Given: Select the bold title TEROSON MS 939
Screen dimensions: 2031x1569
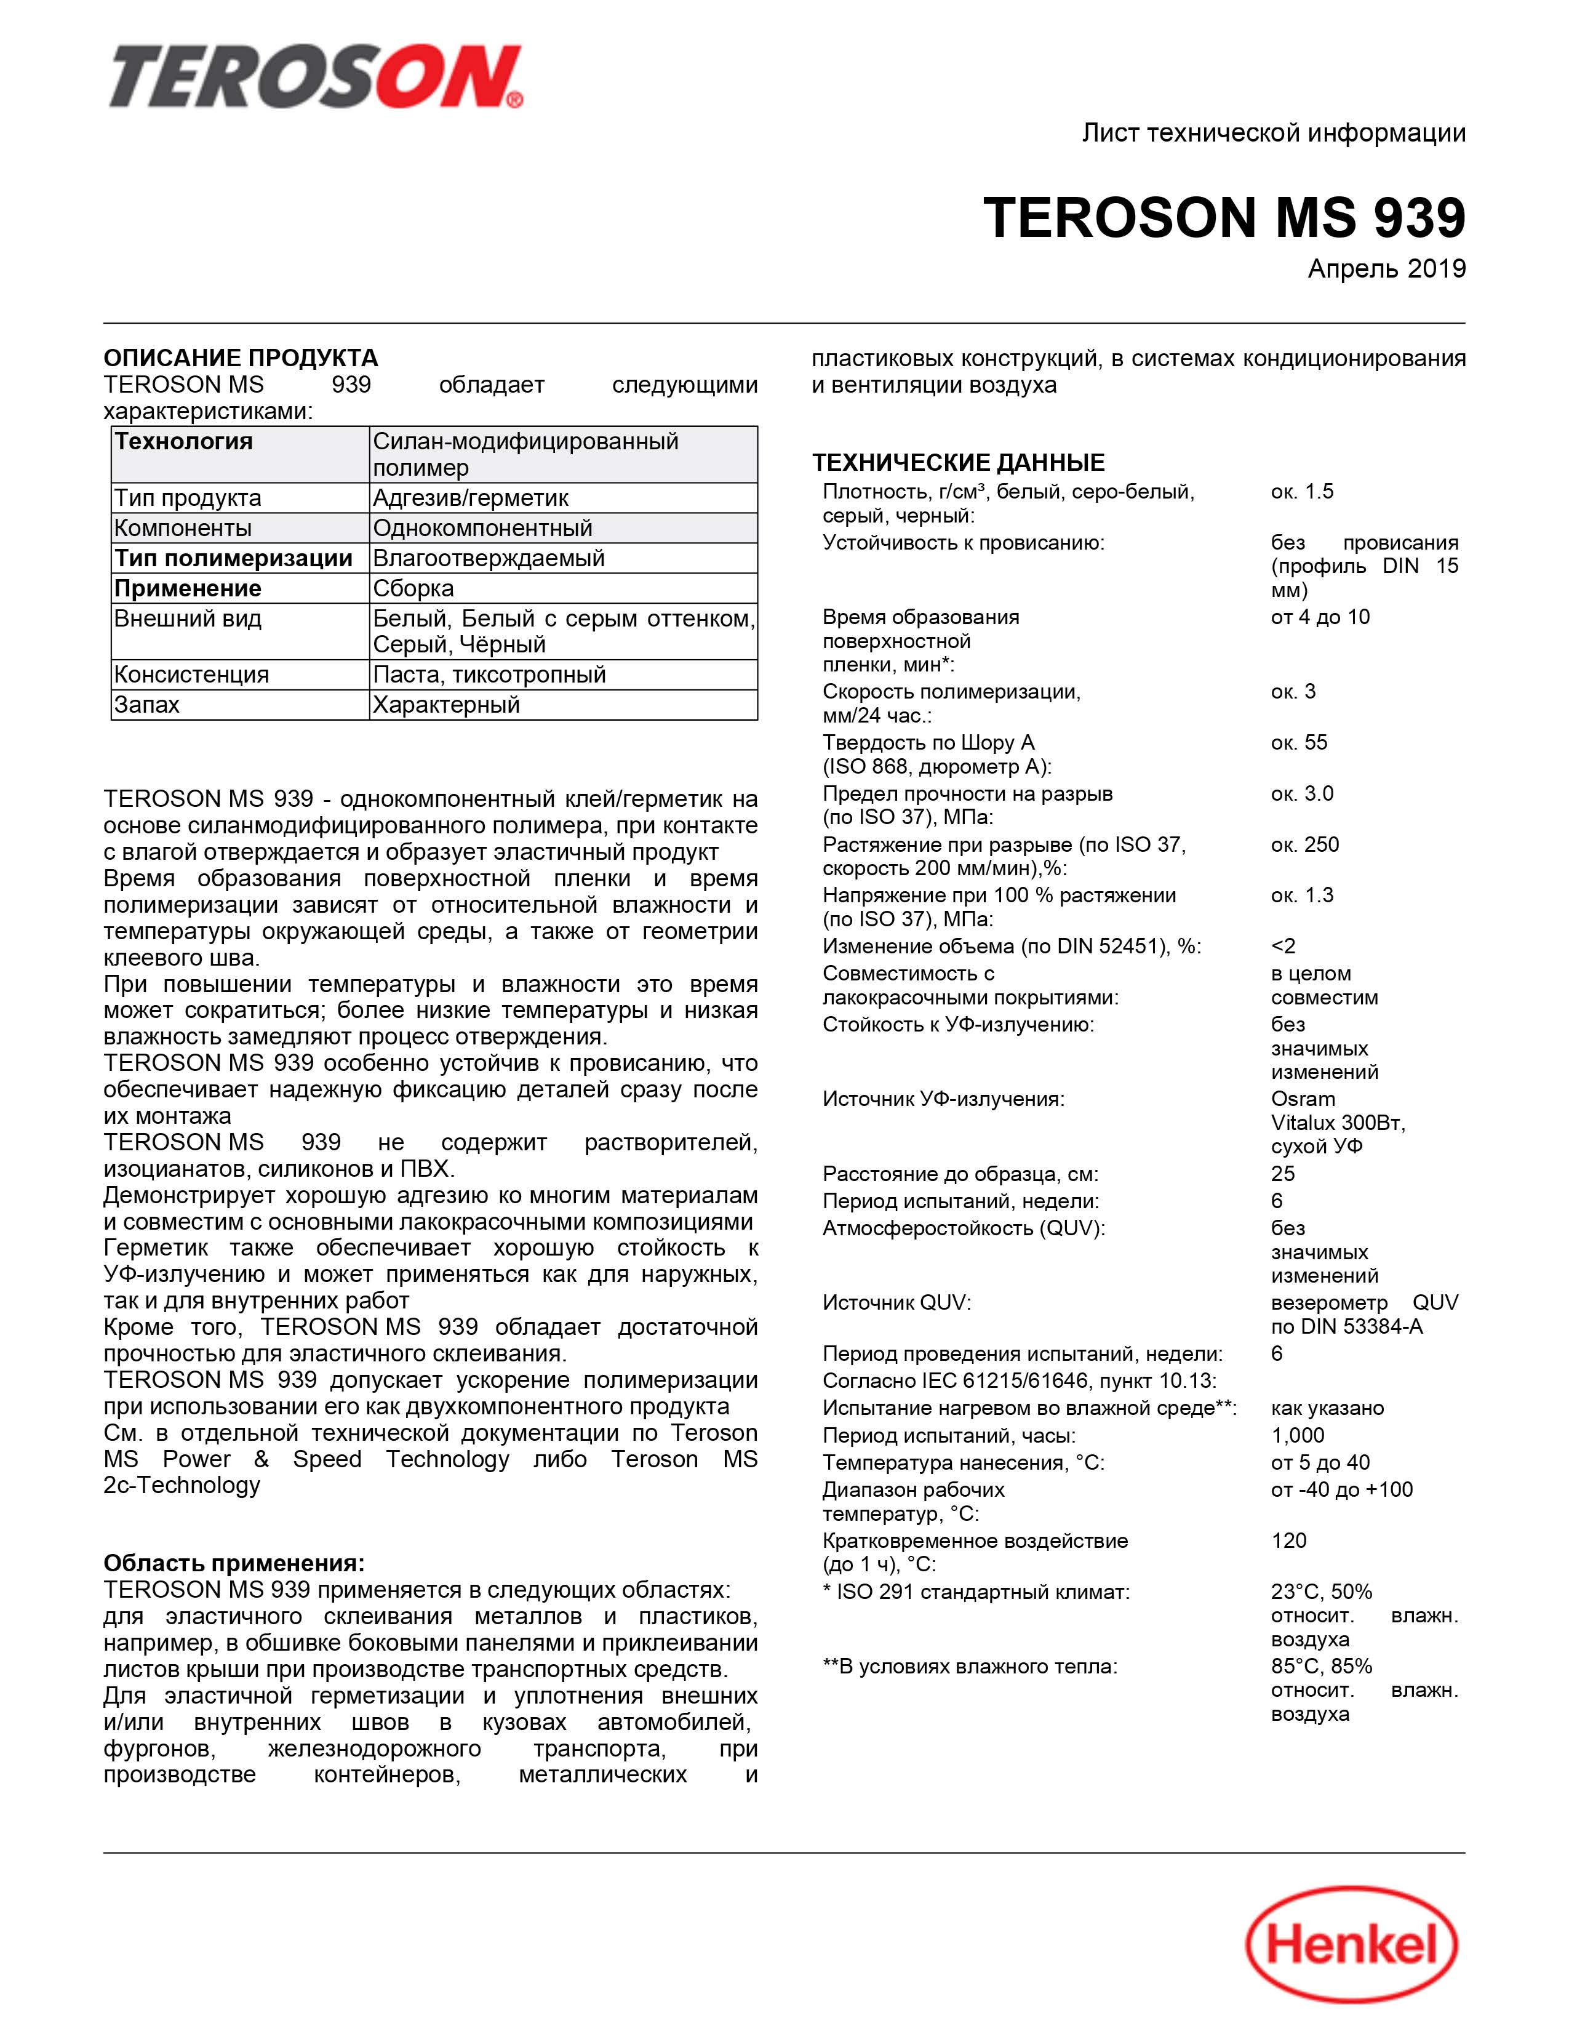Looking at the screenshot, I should [1224, 218].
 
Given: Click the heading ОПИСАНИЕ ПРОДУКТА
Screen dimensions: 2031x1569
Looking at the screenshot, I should [241, 358].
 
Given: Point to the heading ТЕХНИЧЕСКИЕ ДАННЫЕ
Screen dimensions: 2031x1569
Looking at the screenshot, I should [958, 462].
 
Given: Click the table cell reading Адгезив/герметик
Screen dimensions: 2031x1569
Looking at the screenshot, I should [470, 499].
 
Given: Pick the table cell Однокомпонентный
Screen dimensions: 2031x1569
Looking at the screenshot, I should [482, 528].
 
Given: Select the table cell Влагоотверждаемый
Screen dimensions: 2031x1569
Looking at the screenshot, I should [488, 558].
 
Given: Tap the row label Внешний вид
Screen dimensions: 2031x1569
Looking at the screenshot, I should [188, 619].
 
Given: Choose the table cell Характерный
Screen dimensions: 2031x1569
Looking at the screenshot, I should [446, 705].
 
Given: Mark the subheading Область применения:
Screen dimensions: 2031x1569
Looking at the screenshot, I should [234, 1563].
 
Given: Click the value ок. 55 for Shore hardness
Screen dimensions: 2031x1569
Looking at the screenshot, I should [1300, 742].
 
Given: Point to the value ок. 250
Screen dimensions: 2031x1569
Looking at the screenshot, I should [1305, 844].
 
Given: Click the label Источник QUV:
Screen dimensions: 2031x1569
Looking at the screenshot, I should [896, 1302].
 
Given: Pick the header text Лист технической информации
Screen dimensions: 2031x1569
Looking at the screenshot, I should [1274, 133].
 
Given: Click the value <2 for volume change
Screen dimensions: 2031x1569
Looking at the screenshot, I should [1283, 946].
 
